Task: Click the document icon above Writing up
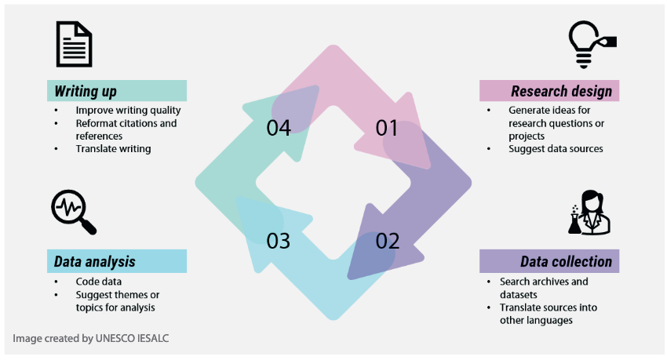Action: point(74,44)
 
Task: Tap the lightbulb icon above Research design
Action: point(592,45)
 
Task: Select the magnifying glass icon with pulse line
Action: point(74,212)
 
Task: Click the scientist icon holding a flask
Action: point(589,212)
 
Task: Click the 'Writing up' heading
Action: point(86,92)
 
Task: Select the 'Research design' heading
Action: point(562,91)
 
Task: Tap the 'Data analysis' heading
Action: point(94,261)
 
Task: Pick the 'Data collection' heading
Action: point(567,261)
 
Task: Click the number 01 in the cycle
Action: point(387,128)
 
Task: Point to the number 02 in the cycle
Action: point(388,241)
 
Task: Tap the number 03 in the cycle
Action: point(279,241)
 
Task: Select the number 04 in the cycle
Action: point(279,128)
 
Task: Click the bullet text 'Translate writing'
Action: point(113,149)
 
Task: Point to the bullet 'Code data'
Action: point(99,282)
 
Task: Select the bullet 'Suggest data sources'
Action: point(556,149)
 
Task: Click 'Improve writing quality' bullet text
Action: point(128,111)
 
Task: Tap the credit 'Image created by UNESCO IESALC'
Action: point(90,338)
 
